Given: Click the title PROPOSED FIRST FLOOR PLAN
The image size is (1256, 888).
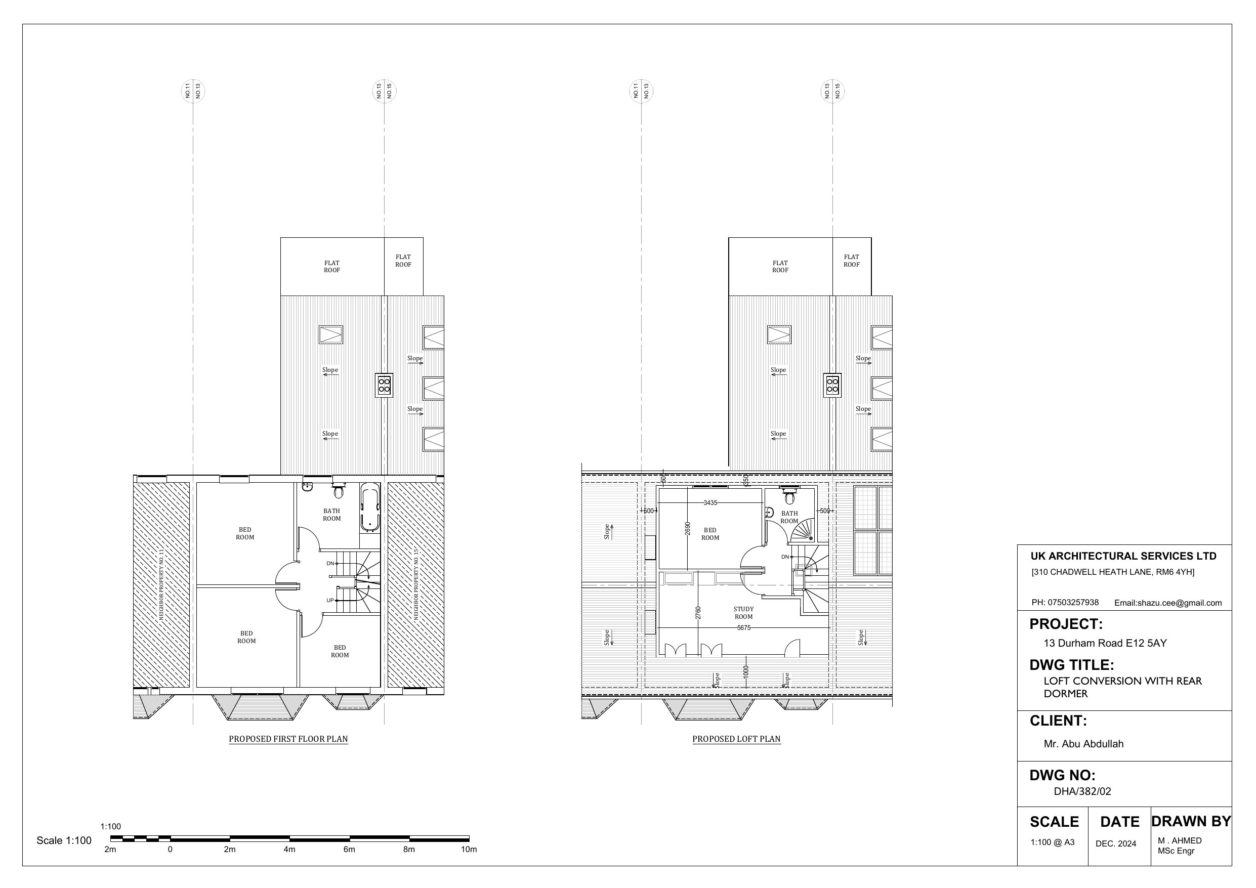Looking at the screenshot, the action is click(288, 739).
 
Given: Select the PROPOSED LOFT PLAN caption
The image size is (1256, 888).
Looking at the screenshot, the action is click(736, 739).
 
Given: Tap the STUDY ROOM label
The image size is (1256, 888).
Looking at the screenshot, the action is click(743, 613).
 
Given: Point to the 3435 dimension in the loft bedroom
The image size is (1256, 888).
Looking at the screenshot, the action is click(710, 503).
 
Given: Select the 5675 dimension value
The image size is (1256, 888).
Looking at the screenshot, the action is click(743, 628).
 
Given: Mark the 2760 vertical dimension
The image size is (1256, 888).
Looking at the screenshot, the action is click(698, 613).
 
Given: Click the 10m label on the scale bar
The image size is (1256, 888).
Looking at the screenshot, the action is click(469, 850).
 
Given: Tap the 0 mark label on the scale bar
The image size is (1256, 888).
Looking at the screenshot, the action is click(170, 850).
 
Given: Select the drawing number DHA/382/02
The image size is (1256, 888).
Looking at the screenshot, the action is click(1082, 791).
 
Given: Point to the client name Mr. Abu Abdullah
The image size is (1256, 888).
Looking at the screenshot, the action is click(1083, 744).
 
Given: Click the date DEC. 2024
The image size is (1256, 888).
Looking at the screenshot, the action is click(1116, 843).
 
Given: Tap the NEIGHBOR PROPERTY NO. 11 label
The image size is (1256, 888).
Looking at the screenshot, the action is click(161, 585).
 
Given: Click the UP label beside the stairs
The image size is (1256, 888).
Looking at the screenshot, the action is click(330, 600).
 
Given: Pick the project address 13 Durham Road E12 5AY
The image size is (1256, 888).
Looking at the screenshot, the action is click(1105, 643).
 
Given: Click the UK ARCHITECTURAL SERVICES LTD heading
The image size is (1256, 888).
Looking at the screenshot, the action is click(1123, 556).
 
